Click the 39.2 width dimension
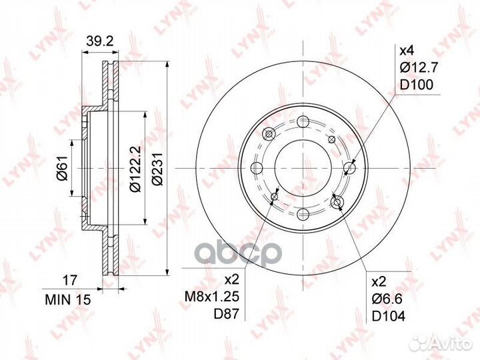[x=100, y=41]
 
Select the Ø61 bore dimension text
[x=63, y=167]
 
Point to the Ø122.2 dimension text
[x=135, y=169]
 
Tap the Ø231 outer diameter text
[x=158, y=169]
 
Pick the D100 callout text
[x=417, y=85]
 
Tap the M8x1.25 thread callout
[x=211, y=296]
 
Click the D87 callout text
[x=226, y=314]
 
